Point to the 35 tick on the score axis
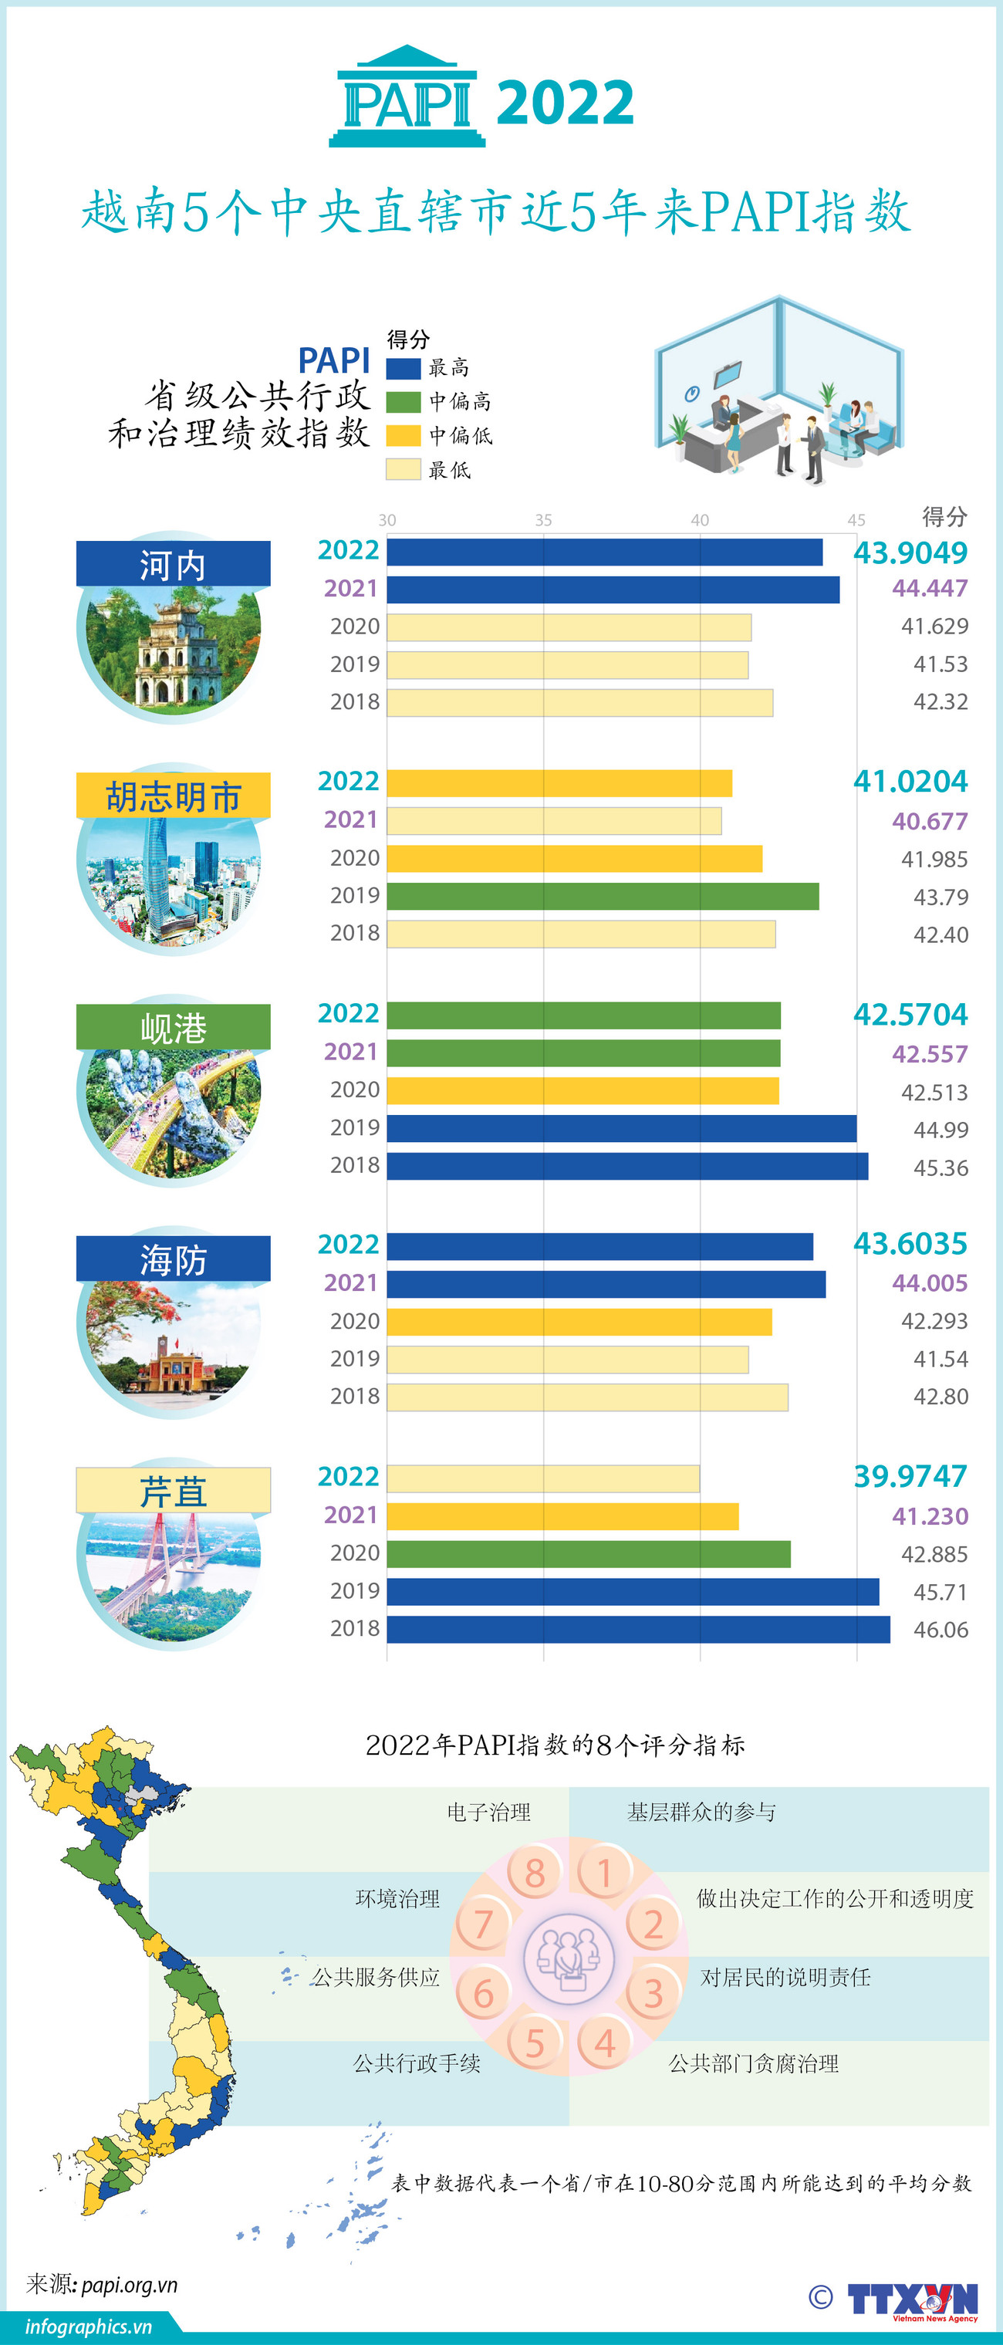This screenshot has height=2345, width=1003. [x=542, y=520]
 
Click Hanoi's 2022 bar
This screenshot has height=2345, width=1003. [x=604, y=552]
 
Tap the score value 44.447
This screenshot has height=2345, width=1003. [x=929, y=589]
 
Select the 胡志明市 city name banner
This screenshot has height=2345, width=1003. [x=173, y=796]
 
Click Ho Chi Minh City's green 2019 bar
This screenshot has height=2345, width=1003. [x=603, y=897]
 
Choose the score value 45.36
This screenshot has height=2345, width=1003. [x=941, y=1168]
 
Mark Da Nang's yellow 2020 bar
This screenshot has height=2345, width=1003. [x=583, y=1090]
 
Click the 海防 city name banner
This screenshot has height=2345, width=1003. [x=173, y=1260]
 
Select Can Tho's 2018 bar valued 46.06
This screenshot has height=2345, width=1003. [x=637, y=1630]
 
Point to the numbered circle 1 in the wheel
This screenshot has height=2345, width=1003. [x=603, y=1873]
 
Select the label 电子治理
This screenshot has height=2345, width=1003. [x=488, y=1813]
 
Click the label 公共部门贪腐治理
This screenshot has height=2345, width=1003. [x=754, y=2063]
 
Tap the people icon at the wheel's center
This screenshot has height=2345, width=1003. [x=569, y=1957]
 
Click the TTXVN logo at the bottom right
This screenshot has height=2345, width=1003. [x=913, y=2299]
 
